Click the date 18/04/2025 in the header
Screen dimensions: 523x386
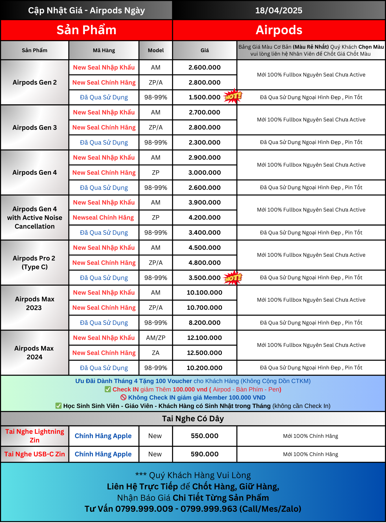coord(279,10)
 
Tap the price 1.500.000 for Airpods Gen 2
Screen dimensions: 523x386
coord(204,97)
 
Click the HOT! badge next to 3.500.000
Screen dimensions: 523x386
coord(233,278)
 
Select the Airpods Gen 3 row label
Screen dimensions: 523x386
coord(35,127)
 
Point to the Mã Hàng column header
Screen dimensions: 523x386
coord(104,50)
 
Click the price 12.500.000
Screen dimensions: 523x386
coord(204,353)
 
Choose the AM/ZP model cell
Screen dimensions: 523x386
coord(156,338)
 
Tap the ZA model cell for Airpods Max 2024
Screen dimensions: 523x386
coord(156,353)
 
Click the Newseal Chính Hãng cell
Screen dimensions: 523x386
coord(103,218)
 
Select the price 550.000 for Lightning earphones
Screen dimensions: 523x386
coord(204,436)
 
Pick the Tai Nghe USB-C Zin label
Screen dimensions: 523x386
coord(35,454)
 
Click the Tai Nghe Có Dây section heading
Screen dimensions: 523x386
coord(193,419)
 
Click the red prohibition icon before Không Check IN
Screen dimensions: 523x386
coord(124,398)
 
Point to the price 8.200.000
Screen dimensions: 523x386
coord(204,323)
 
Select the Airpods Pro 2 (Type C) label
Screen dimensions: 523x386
coord(34,263)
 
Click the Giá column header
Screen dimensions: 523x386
coord(204,50)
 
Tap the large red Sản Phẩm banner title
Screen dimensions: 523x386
coord(86,30)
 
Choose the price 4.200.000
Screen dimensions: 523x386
coord(204,218)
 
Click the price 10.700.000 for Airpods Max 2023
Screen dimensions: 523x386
coord(204,308)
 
